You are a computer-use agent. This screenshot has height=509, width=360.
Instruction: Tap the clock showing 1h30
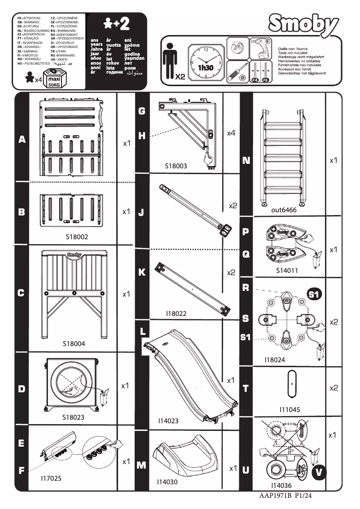pyautogui.click(x=206, y=62)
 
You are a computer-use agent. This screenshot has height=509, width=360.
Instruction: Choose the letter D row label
pyautogui.click(x=21, y=389)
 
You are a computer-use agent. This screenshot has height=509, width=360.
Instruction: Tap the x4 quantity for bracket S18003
pyautogui.click(x=231, y=133)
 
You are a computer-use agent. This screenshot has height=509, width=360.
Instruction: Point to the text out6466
pyautogui.click(x=282, y=210)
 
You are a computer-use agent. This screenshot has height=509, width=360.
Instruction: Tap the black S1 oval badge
pyautogui.click(x=314, y=294)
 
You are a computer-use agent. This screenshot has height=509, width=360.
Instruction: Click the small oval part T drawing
pyautogui.click(x=292, y=384)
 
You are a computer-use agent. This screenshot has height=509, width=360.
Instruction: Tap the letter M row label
pyautogui.click(x=141, y=465)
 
